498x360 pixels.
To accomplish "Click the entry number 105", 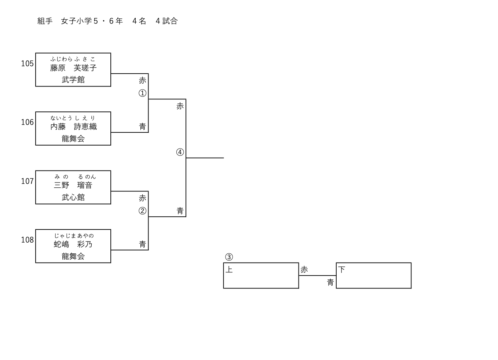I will [x=27, y=64].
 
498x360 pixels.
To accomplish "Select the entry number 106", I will [x=27, y=122].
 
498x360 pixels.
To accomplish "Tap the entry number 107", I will [x=27, y=181].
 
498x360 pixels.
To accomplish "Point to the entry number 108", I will [x=27, y=240].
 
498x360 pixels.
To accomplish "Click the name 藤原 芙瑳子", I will [x=73, y=68].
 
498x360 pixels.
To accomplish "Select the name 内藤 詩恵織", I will [x=73, y=127].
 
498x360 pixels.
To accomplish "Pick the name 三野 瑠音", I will [x=73, y=185].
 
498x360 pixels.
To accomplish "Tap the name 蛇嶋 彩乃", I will [x=73, y=245].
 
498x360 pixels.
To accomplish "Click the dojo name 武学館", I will [x=73, y=80].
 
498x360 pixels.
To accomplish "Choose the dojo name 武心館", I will [x=73, y=198].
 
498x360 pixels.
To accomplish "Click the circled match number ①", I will [x=142, y=93].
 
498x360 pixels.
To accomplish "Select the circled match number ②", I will [x=142, y=211].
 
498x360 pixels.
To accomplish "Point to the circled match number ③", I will [x=229, y=257].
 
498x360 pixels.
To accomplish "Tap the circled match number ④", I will [x=180, y=152].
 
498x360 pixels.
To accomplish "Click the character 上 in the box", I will [x=229, y=270].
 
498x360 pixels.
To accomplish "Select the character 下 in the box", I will [x=342, y=270].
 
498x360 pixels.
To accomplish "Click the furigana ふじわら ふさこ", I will [x=73, y=59].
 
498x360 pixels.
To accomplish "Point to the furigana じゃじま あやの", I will [x=74, y=236].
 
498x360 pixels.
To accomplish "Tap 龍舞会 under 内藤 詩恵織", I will [x=73, y=139].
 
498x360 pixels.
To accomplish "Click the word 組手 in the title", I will [x=45, y=21].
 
